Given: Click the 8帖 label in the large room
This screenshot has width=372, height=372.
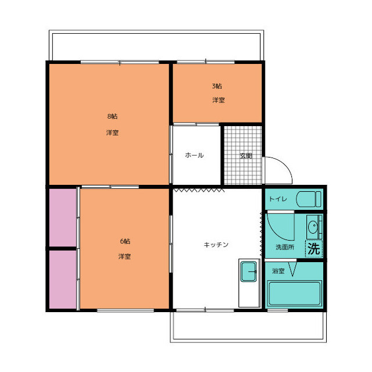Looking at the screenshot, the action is pyautogui.click(x=112, y=116).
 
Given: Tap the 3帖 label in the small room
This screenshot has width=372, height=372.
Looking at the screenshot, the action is pyautogui.click(x=217, y=86).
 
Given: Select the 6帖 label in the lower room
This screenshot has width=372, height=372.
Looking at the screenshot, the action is pyautogui.click(x=125, y=241).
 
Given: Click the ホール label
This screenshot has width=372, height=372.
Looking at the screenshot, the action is pyautogui.click(x=194, y=155).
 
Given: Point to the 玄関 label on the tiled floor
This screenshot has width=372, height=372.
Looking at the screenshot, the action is pyautogui.click(x=245, y=156).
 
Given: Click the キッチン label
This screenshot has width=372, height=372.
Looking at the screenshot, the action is pyautogui.click(x=216, y=245).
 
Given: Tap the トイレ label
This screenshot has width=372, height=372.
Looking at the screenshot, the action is pyautogui.click(x=278, y=199).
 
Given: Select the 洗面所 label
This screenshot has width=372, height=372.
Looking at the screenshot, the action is pyautogui.click(x=285, y=247).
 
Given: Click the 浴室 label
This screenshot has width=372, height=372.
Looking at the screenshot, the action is pyautogui.click(x=278, y=271).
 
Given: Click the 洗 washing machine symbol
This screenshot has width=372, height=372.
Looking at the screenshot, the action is pyautogui.click(x=314, y=249).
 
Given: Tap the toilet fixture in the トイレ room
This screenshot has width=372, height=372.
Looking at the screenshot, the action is pyautogui.click(x=309, y=199).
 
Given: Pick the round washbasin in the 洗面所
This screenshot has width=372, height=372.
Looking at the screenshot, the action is pyautogui.click(x=313, y=227).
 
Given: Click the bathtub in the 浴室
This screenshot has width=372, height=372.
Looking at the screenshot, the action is pyautogui.click(x=295, y=294).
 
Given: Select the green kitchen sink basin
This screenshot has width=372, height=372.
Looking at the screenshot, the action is pyautogui.click(x=248, y=271).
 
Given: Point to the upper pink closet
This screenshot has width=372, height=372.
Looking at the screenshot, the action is pyautogui.click(x=63, y=217).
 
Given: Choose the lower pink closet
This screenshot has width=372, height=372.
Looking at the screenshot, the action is pyautogui.click(x=63, y=280).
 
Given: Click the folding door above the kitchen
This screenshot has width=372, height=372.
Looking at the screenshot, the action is pyautogui.click(x=198, y=190).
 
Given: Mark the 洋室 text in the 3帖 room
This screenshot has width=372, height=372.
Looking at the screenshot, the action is pyautogui.click(x=219, y=100).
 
